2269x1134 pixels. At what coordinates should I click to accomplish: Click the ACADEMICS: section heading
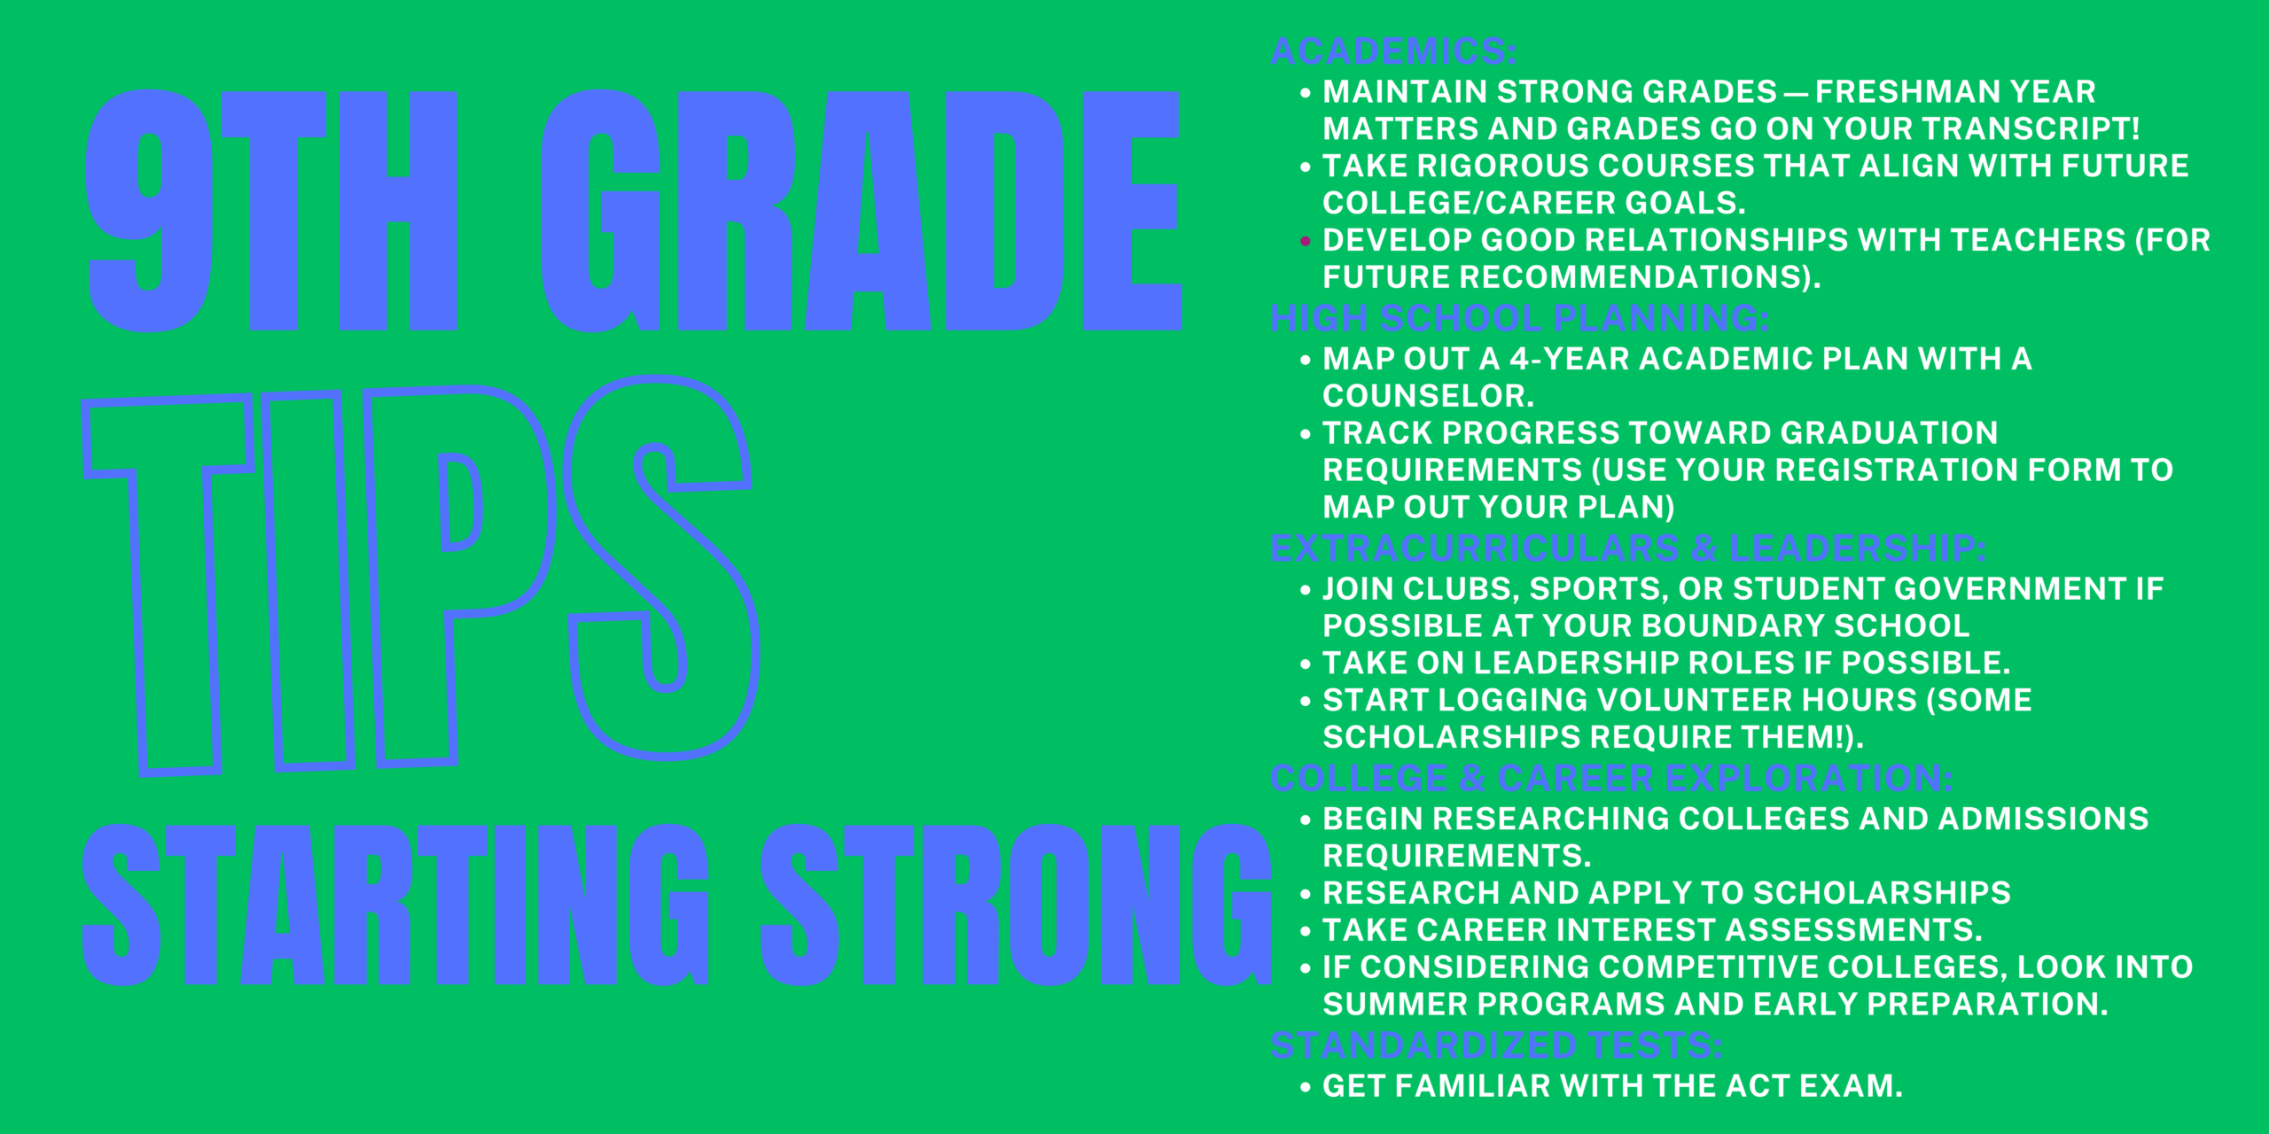pos(1393,51)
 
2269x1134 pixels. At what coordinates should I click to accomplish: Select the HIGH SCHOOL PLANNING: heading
pos(1520,318)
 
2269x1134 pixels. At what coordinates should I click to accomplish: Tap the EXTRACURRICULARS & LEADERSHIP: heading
pos(1628,548)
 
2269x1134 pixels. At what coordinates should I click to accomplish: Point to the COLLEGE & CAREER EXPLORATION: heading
pos(1611,779)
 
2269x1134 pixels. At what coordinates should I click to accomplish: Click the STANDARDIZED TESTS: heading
pos(1497,1045)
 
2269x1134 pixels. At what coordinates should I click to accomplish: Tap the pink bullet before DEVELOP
pos(1305,241)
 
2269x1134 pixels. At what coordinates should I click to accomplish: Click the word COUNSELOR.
pos(1428,396)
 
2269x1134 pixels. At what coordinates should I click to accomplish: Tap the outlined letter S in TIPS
pos(662,567)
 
